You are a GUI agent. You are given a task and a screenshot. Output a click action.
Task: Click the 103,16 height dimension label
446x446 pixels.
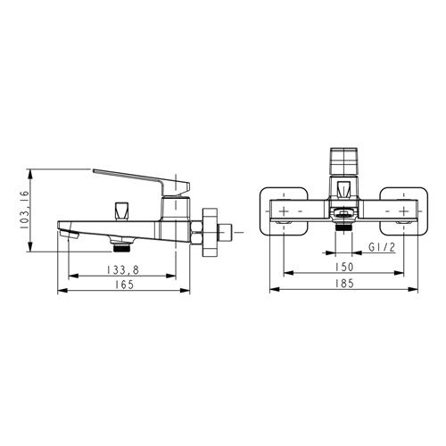(x=24, y=210)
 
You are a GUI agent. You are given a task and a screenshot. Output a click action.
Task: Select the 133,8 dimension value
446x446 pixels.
(x=123, y=269)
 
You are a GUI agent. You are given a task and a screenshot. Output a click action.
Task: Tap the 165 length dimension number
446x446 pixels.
(x=124, y=285)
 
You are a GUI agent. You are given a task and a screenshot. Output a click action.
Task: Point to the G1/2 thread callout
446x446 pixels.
(x=382, y=247)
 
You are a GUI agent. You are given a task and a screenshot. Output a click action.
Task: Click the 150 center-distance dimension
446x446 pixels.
(x=344, y=267)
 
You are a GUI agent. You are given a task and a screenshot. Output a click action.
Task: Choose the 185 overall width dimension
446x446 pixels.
(x=344, y=284)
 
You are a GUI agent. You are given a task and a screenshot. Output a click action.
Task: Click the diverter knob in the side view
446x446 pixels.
(x=121, y=211)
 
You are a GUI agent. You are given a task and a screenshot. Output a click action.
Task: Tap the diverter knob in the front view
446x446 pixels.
(x=343, y=189)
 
